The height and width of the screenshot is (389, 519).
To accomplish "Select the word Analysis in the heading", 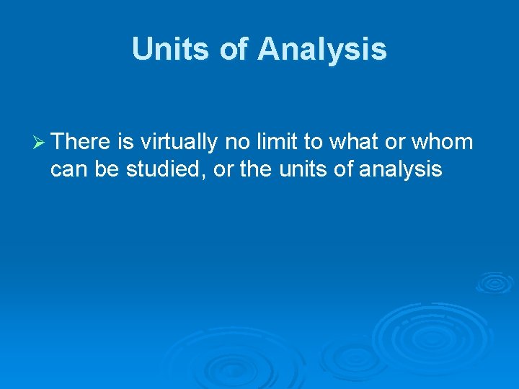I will coord(322,50).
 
